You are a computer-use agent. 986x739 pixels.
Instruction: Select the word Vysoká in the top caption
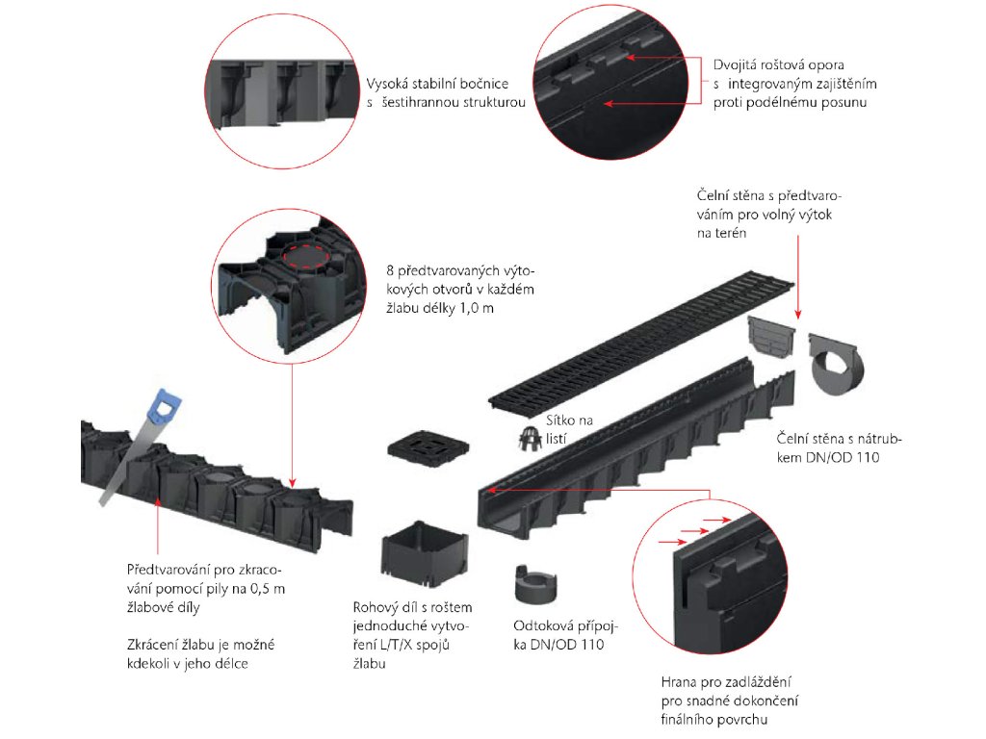(389, 84)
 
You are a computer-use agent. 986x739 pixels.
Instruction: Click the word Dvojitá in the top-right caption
(737, 65)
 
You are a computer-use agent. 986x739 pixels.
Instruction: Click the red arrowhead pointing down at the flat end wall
(798, 313)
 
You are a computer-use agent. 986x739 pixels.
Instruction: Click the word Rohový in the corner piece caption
(376, 607)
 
